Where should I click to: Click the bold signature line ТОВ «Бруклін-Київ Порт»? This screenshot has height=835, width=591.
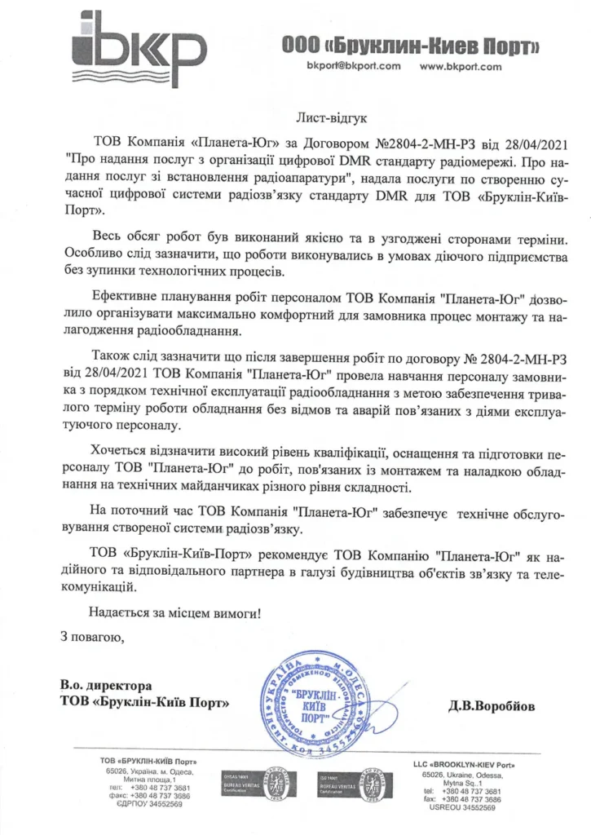click(144, 701)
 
